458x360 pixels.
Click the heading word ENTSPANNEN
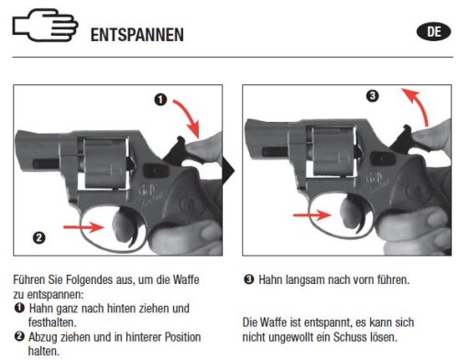pyautogui.click(x=137, y=35)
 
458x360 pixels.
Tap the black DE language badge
pyautogui.click(x=433, y=32)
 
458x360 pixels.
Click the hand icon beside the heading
pyautogui.click(x=45, y=25)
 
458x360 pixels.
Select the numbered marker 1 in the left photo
pyautogui.click(x=160, y=100)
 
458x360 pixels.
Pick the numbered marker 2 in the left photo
pyautogui.click(x=39, y=237)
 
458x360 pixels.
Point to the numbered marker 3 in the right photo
pyautogui.click(x=372, y=96)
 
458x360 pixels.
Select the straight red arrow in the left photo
pyautogui.click(x=83, y=227)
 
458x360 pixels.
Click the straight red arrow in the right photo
pyautogui.click(x=312, y=215)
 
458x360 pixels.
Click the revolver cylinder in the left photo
pyautogui.click(x=104, y=163)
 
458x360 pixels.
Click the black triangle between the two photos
pyautogui.click(x=228, y=171)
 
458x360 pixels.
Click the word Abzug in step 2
pyautogui.click(x=44, y=338)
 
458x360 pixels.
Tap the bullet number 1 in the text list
pyautogui.click(x=19, y=308)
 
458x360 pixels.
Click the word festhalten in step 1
pyautogui.click(x=52, y=322)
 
